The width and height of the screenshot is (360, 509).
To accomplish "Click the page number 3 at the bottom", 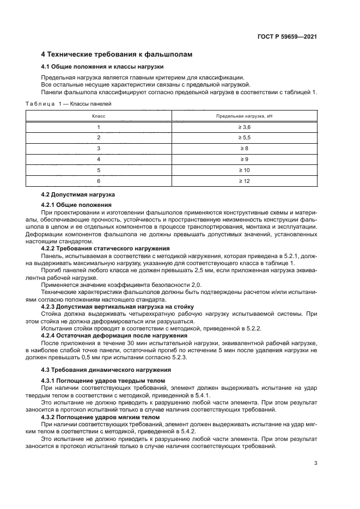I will coord(316,463).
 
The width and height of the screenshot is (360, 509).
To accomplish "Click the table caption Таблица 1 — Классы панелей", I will coord(68,102).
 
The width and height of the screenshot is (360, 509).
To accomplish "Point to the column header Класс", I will coord(99,116).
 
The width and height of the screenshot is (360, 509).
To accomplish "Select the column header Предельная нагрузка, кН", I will coord(244,116).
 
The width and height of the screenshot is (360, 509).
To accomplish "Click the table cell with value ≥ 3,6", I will coord(244,127).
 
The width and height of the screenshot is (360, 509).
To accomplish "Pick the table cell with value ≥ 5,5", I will coord(244,138).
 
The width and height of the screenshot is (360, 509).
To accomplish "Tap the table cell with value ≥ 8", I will coord(244,148).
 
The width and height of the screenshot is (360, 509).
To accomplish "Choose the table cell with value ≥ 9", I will coord(244,159).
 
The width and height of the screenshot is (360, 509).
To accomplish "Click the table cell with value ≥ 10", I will coord(244,170).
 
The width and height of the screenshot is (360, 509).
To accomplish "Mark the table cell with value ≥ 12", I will coord(244,180).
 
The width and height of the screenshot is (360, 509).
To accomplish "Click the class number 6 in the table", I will coord(99,180).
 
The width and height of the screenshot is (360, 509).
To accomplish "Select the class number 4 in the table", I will coord(99,159).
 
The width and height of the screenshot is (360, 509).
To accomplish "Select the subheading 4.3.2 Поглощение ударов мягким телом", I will coord(101,417).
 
